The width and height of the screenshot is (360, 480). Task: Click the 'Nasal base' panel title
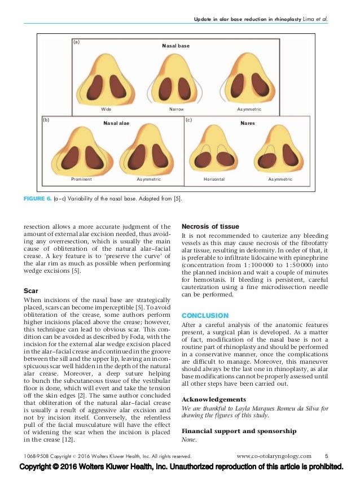pos(177,45)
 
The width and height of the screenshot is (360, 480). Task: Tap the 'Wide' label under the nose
pos(106,108)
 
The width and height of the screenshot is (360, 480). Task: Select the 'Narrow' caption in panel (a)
pos(177,108)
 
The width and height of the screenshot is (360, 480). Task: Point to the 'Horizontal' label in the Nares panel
pos(214,179)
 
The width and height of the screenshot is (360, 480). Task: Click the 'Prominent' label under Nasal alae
pos(81,179)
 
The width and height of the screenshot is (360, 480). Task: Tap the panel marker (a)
pos(77,42)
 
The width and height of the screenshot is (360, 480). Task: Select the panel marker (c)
pos(189,120)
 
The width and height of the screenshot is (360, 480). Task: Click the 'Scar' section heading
pos(46,291)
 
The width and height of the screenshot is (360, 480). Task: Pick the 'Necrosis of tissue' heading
pos(210,226)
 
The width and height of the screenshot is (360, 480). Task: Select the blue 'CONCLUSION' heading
pos(205,315)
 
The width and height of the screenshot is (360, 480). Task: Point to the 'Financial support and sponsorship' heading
pos(239,431)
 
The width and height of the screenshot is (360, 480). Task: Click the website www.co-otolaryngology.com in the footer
pos(274,456)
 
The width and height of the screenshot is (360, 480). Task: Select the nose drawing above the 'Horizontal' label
pos(214,152)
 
